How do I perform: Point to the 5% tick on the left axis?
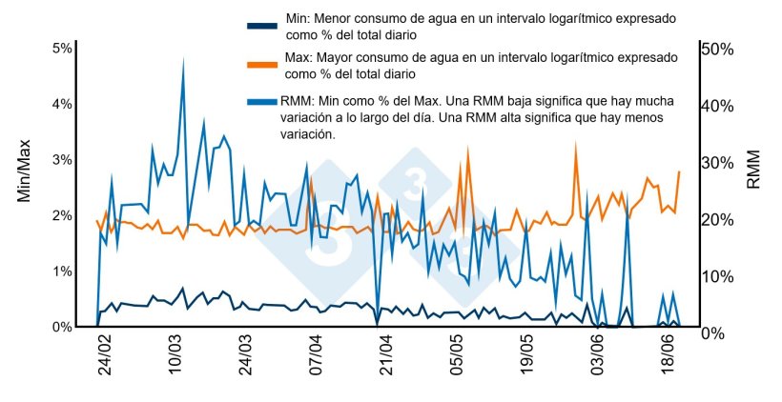coord(62,49)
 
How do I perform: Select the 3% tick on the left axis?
coord(62,160)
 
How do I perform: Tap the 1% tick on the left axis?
coord(62,271)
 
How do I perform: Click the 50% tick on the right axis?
coord(716,49)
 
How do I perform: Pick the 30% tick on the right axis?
coord(716,163)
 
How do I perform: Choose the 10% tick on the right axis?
coord(716,276)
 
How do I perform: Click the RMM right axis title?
coord(753,170)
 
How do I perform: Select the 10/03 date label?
coord(175,355)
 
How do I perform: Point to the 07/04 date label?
coord(316,355)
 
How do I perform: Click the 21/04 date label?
coord(385,355)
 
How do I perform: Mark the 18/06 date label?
coord(667,355)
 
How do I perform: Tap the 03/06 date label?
coord(596,355)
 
